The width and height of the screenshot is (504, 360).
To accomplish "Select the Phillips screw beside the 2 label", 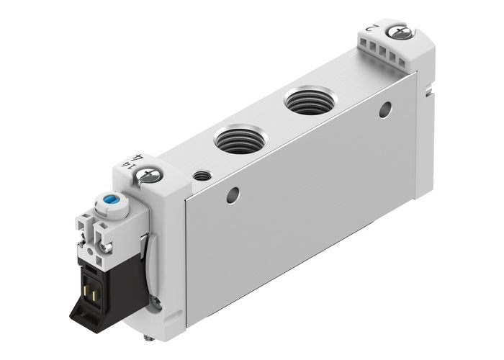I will pyautogui.click(x=396, y=32).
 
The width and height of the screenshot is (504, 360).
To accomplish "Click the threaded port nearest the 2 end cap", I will pyautogui.click(x=308, y=101).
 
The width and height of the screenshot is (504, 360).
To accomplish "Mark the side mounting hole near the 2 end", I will pyautogui.click(x=385, y=109).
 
